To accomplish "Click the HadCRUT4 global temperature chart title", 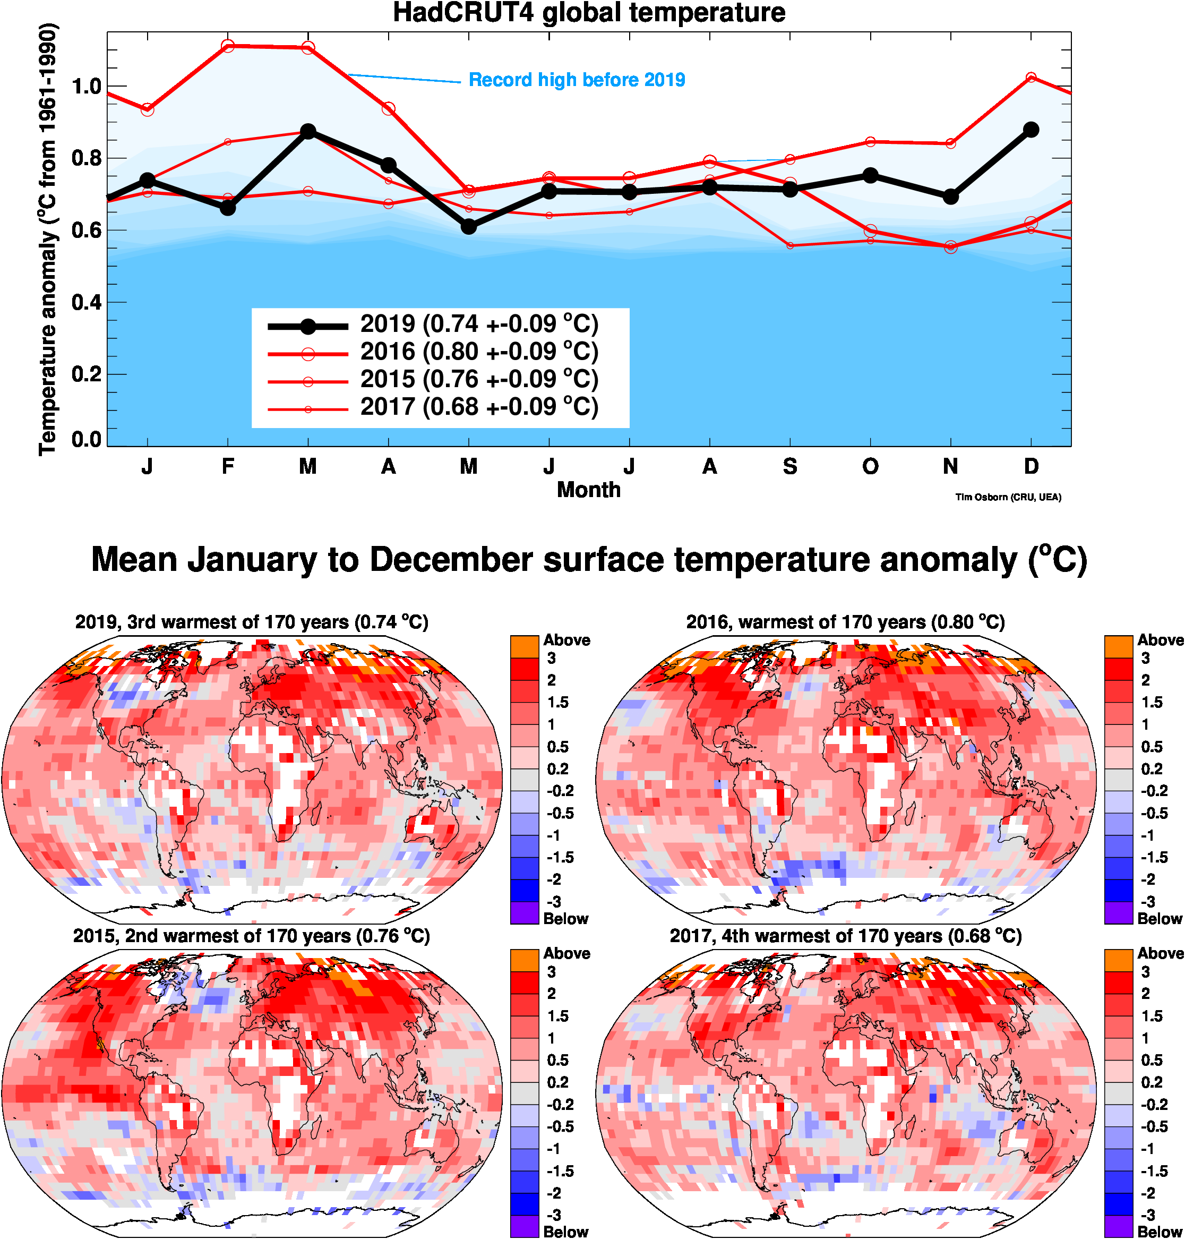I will point(589,13).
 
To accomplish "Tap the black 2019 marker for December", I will point(1031,130).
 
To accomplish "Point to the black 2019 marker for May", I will point(469,226).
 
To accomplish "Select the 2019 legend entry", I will point(479,324).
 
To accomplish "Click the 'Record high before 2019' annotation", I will point(577,80).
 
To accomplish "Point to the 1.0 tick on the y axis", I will point(87,87).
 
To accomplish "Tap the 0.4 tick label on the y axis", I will point(87,303).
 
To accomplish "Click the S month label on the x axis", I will point(789,467).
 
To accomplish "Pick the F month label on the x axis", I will point(228,467).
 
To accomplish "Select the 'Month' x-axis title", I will point(589,490).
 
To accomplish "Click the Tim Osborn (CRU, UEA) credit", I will point(1008,497).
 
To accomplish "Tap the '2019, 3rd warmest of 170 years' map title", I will point(252,622).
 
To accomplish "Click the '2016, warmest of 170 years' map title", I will point(845,622).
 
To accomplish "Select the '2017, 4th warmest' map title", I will point(845,936).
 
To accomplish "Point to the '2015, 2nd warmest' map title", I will point(252,936).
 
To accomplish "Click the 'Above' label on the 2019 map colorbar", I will point(566,640).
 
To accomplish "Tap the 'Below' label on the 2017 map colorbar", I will point(1160,1232).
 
